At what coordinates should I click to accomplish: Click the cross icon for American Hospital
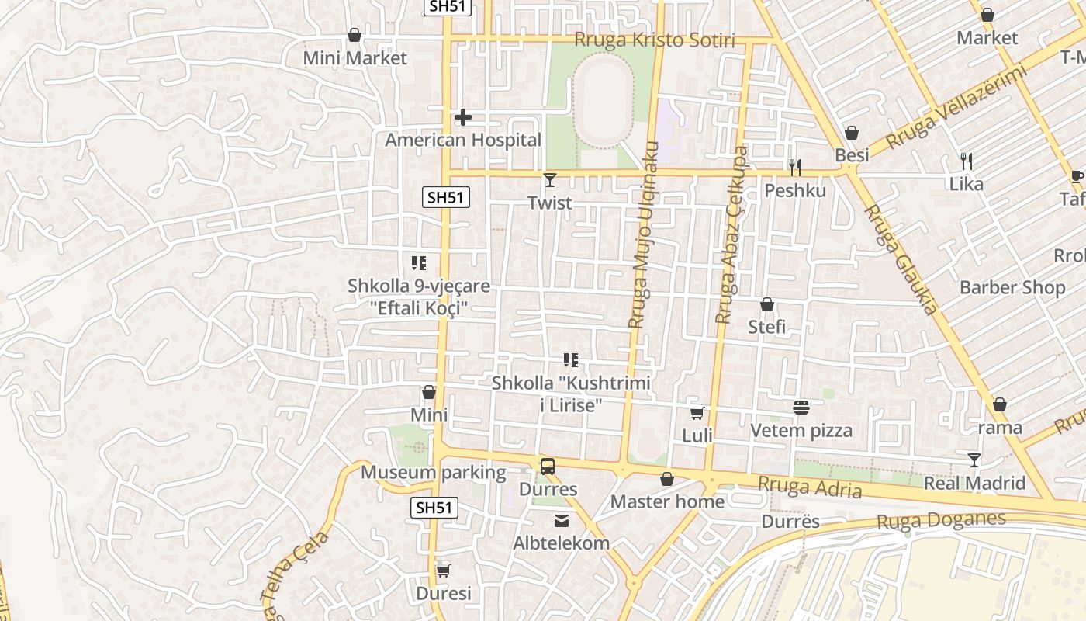click(x=463, y=117)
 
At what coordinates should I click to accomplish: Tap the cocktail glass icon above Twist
click(x=550, y=180)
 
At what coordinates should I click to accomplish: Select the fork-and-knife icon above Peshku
click(x=795, y=167)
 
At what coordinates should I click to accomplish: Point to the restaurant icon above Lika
click(x=967, y=161)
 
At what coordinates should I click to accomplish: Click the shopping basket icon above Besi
click(x=852, y=133)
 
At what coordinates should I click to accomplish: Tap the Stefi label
click(x=766, y=327)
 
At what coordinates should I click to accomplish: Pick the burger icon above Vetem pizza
click(x=801, y=408)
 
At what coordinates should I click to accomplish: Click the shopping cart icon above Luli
click(x=697, y=413)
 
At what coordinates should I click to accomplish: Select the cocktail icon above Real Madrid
click(x=974, y=460)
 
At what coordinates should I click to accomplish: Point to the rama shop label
click(x=1000, y=428)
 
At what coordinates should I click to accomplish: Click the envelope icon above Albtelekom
click(x=561, y=520)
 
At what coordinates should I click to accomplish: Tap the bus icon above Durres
click(x=548, y=467)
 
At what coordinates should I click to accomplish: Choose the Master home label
click(x=667, y=501)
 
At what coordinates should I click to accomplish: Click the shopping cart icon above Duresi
click(x=443, y=571)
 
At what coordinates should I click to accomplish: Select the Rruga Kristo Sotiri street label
click(x=654, y=40)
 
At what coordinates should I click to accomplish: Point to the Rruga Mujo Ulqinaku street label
click(x=643, y=234)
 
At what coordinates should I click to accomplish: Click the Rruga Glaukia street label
click(x=900, y=259)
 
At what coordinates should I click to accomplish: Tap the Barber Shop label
click(x=1012, y=287)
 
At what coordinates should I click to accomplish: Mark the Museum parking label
click(x=433, y=472)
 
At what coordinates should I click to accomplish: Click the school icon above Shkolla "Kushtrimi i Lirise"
click(x=571, y=360)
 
